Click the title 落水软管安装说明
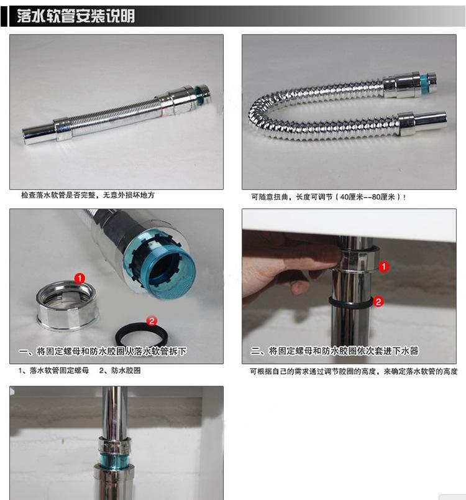point(76,16)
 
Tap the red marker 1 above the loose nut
point(80,279)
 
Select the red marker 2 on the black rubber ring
point(152,321)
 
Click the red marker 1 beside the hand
point(383,266)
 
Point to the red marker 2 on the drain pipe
point(378,302)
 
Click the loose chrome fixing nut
point(66,306)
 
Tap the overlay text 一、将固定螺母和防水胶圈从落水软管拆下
point(103,351)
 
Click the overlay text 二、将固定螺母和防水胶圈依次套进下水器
point(334,351)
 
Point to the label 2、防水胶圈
point(120,371)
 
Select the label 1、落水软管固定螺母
point(53,371)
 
